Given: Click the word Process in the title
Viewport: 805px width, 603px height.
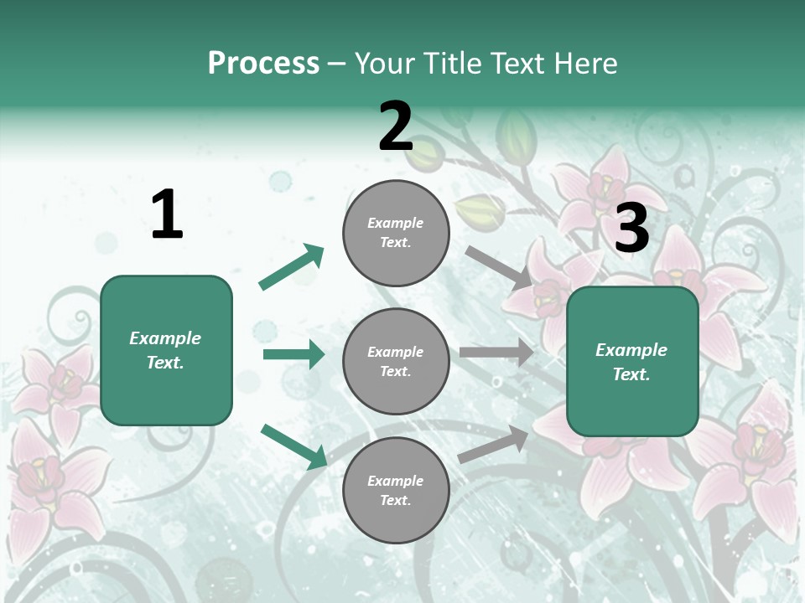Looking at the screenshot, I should [x=263, y=64].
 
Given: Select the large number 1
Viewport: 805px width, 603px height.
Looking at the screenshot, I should [x=167, y=215].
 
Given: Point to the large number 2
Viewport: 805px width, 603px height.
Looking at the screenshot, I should [x=396, y=126].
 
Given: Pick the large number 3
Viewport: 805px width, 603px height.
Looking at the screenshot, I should [x=632, y=229].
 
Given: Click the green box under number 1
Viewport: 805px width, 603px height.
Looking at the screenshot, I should [x=166, y=350].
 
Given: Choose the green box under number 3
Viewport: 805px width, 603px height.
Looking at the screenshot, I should [x=632, y=362].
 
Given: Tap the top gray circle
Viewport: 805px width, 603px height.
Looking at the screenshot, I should [x=396, y=233].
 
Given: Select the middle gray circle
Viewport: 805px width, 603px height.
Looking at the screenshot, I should [x=396, y=361].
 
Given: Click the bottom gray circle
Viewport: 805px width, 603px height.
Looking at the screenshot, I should [x=396, y=490].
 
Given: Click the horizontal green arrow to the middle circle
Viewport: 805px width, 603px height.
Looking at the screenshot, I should [x=293, y=354].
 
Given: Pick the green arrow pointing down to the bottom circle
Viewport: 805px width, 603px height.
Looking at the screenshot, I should [x=293, y=446].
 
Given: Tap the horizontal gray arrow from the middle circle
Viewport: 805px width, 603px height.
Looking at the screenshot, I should [x=496, y=353].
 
